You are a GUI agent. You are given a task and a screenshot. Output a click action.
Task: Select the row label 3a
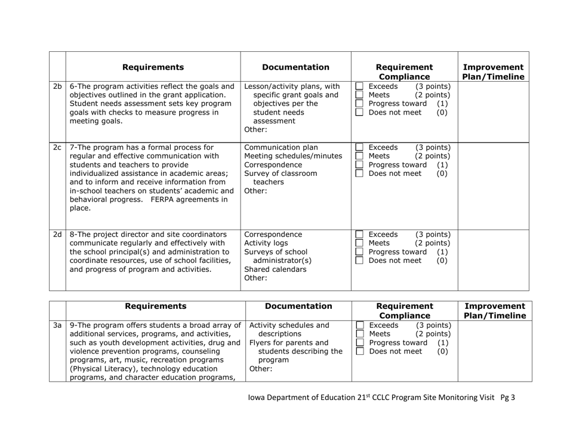(x=57, y=326)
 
